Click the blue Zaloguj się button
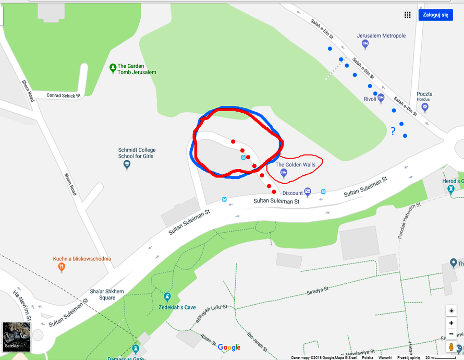[x=435, y=15]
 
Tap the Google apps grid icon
[x=408, y=15]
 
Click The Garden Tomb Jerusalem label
[x=137, y=69]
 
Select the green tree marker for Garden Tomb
[x=113, y=67]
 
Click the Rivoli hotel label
[x=370, y=99]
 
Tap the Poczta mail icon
[x=425, y=107]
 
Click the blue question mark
[x=393, y=132]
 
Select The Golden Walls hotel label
[x=295, y=165]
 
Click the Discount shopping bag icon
[x=308, y=191]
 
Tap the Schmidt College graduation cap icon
[x=127, y=165]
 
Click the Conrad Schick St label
[x=64, y=95]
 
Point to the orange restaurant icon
[x=62, y=267]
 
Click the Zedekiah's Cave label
[x=177, y=307]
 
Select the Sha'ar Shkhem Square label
[x=100, y=295]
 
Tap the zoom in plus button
[x=451, y=323]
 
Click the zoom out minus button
[x=451, y=334]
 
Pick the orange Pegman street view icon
[x=451, y=347]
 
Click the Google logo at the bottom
[x=229, y=347]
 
